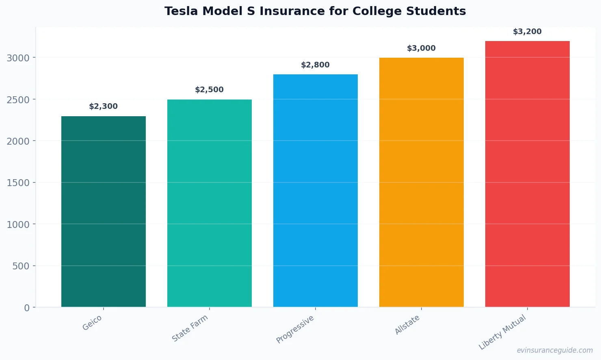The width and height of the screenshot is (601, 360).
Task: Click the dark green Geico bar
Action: click(x=104, y=211)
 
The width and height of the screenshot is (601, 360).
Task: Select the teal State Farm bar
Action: click(x=210, y=203)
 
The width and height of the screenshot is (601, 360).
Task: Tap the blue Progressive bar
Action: click(x=316, y=191)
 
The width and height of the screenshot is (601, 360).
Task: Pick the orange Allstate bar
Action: click(x=422, y=183)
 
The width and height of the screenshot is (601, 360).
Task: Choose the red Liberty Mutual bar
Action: click(x=527, y=175)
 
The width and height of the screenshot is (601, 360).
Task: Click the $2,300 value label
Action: click(x=104, y=106)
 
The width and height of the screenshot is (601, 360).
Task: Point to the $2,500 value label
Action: click(x=210, y=90)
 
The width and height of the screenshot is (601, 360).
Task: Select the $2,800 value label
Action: click(x=316, y=65)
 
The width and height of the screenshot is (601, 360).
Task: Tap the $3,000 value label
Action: click(x=422, y=48)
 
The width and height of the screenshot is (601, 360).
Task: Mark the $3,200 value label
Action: click(x=527, y=32)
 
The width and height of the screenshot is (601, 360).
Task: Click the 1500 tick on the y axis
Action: click(x=18, y=183)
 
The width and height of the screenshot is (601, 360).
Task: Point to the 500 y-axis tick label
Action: click(x=21, y=266)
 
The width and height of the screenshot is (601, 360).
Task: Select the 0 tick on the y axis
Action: click(x=27, y=308)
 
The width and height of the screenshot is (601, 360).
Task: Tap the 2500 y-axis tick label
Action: click(x=18, y=100)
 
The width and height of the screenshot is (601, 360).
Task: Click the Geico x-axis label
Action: click(x=93, y=323)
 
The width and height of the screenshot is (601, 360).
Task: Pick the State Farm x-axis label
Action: click(x=190, y=328)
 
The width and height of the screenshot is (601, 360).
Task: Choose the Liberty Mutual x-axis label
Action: click(x=503, y=332)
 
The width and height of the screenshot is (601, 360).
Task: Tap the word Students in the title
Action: click(x=443, y=11)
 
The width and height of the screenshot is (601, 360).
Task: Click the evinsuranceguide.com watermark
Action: click(x=555, y=350)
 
